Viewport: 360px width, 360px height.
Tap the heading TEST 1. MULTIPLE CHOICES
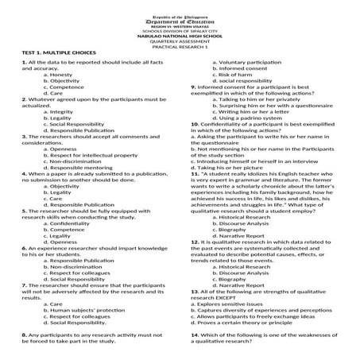point(42,53)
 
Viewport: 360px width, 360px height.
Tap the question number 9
point(192,87)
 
